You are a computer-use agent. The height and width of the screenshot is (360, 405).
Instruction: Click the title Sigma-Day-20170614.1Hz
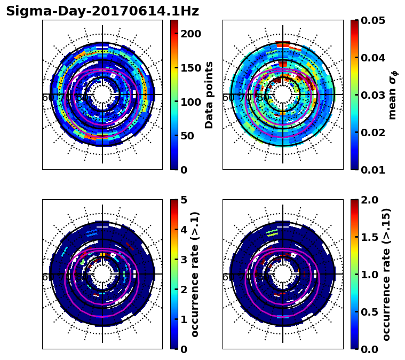[x=102, y=11]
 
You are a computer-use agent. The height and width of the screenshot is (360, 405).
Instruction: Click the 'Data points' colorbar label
[x=209, y=95]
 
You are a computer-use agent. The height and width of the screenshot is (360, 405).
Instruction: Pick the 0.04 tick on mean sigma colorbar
[x=378, y=58]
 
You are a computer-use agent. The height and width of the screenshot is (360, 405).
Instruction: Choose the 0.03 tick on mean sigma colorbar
[x=378, y=95]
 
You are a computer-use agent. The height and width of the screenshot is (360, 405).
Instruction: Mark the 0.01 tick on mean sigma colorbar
[x=378, y=169]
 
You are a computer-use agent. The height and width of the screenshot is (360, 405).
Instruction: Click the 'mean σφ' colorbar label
[x=392, y=95]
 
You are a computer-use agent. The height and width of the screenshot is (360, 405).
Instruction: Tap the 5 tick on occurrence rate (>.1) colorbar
[x=184, y=200]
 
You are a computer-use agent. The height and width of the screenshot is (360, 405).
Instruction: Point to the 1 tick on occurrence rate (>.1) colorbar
[x=184, y=319]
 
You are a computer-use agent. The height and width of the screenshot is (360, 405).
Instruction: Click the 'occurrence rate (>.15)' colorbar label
[x=386, y=274]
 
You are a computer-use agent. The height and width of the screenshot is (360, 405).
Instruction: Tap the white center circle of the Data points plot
[x=102, y=95]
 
